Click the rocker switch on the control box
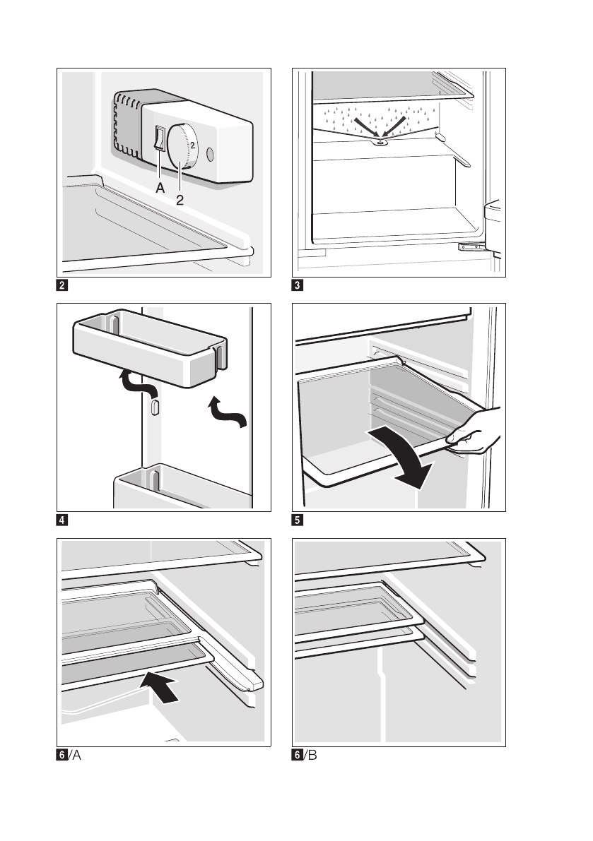(x=160, y=139)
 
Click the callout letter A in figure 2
(x=160, y=189)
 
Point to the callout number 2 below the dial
(x=180, y=200)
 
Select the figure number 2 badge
(x=63, y=287)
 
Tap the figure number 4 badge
(x=63, y=521)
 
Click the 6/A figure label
(x=71, y=756)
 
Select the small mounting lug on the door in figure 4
(x=154, y=408)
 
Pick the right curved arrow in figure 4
(x=230, y=414)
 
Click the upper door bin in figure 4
(x=149, y=347)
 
